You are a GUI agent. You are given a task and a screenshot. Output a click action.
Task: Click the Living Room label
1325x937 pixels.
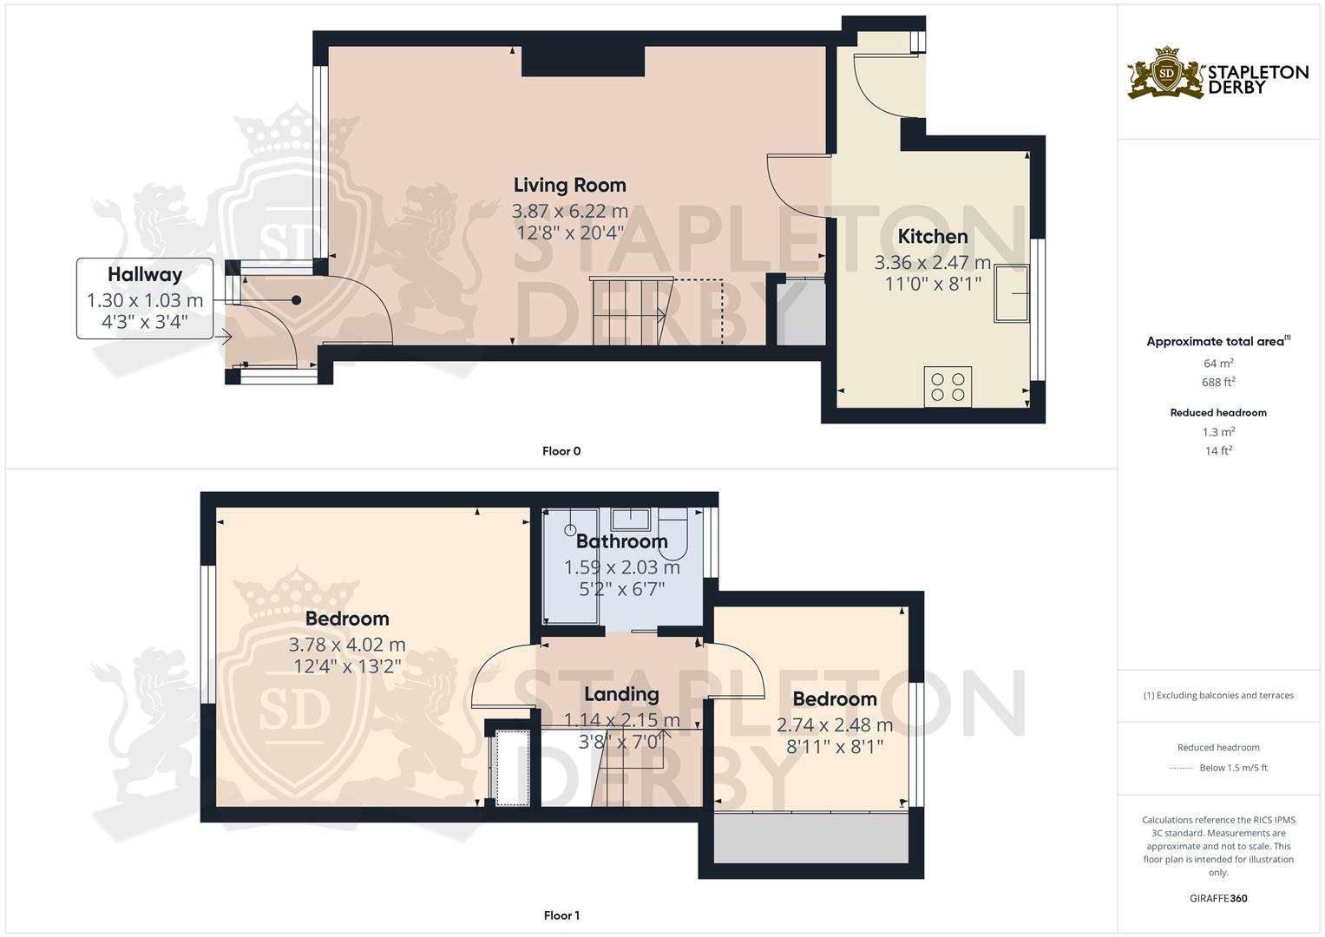[569, 185]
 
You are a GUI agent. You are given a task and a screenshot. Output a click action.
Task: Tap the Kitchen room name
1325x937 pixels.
[932, 236]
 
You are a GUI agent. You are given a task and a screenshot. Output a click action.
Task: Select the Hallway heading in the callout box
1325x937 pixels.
[145, 274]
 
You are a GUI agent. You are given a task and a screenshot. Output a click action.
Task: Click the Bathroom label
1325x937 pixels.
[621, 541]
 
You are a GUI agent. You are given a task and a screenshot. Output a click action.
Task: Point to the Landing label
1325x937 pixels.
[621, 694]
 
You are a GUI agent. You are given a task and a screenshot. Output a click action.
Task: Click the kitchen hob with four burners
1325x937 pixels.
[948, 386]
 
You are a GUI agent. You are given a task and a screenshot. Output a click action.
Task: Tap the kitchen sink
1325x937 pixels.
[1011, 293]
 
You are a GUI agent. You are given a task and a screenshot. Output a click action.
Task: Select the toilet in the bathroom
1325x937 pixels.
[673, 533]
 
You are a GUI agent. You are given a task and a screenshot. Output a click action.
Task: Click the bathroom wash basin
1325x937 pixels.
[631, 519]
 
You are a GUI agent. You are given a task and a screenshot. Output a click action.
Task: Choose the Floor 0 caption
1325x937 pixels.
[561, 451]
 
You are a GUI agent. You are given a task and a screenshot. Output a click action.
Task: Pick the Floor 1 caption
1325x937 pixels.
[561, 915]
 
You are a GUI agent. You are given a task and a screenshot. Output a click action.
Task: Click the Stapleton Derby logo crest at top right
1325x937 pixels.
[1167, 73]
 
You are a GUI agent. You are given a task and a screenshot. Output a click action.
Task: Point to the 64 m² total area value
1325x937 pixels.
[1218, 364]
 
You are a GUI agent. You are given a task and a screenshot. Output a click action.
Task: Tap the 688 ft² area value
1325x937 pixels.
[1218, 382]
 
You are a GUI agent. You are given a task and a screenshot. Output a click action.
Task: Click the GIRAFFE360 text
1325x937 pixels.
[1218, 898]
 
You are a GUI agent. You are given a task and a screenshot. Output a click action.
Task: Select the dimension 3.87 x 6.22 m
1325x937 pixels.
[569, 211]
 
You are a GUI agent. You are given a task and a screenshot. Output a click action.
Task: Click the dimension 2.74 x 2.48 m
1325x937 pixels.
[834, 725]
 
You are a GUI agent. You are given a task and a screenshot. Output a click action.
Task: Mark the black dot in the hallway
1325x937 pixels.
[296, 300]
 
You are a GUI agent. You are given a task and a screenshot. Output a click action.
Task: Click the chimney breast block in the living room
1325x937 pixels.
[582, 62]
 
